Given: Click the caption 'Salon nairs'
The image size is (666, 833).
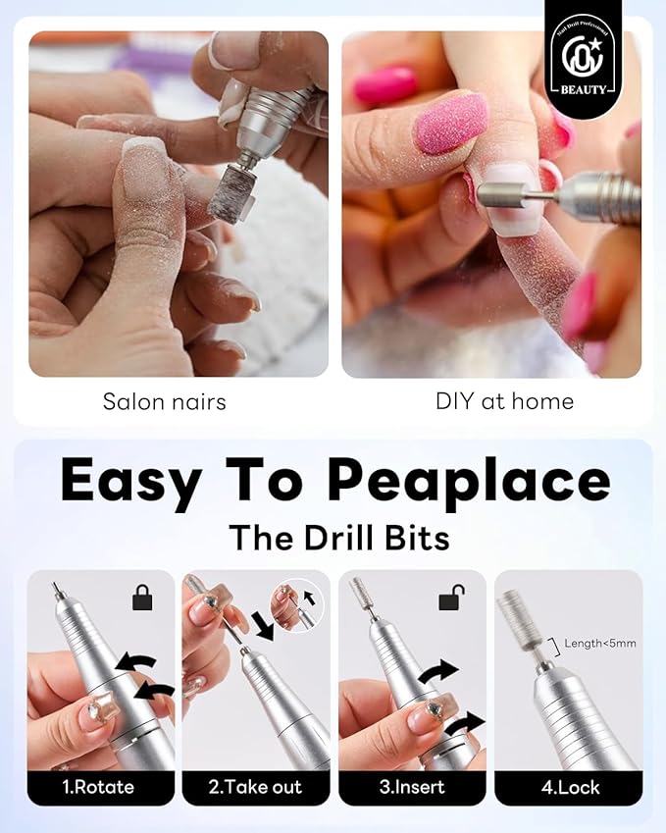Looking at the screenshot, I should pos(164,401).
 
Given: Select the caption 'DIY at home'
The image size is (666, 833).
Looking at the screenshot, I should pos(504,401).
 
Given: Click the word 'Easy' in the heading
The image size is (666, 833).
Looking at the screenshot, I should pos(130,482).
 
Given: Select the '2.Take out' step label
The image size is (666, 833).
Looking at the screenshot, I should pos(256,787).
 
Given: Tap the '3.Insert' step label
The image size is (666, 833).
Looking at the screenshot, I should pos(412,787).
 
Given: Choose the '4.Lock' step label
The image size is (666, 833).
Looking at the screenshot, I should pos(568,787).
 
